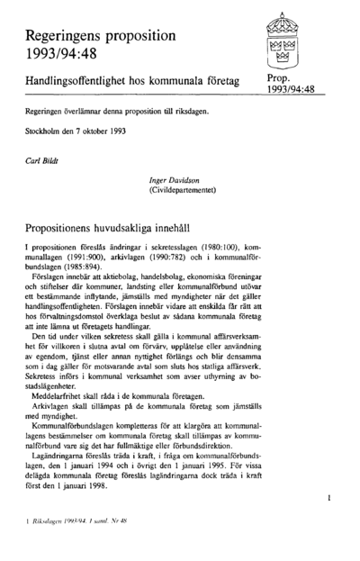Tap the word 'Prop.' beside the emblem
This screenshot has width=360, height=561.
pos(283,80)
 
